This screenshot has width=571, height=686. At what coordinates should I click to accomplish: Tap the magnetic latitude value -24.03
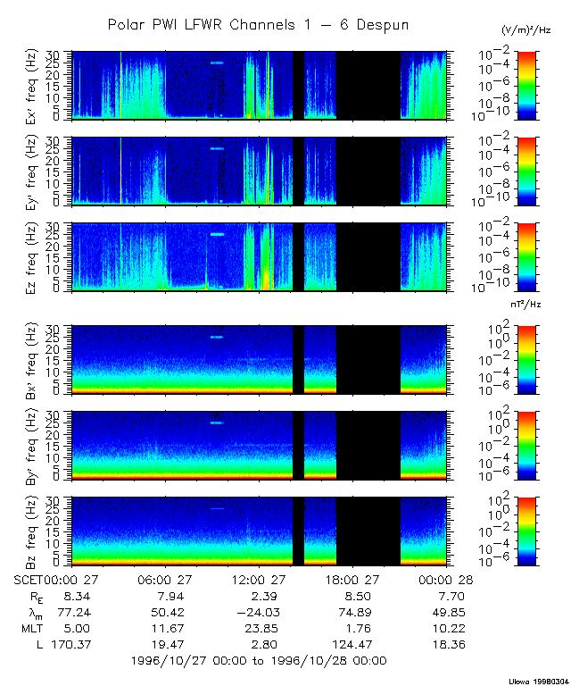(x=259, y=612)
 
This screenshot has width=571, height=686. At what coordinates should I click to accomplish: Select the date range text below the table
(x=258, y=661)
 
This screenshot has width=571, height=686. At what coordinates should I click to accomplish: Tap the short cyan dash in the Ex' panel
(x=217, y=63)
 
